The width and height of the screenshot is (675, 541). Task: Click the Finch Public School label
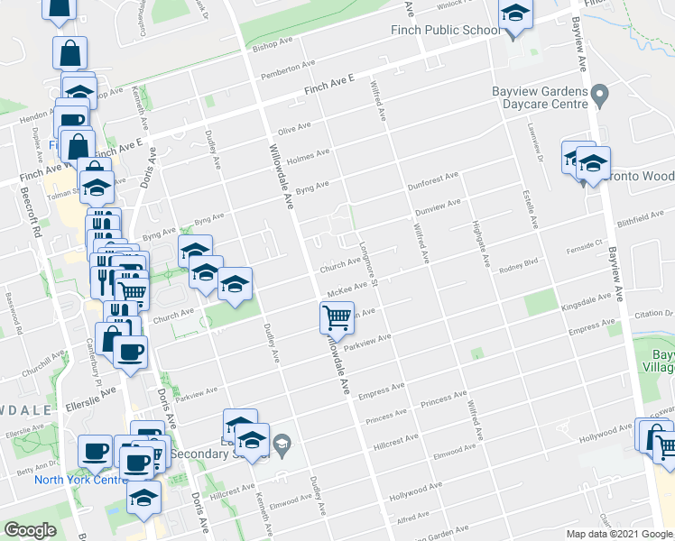click(445, 31)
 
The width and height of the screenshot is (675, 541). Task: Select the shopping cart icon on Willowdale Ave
click(337, 317)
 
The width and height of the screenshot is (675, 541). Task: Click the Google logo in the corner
click(29, 529)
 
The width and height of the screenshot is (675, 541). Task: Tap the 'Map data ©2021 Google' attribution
click(618, 534)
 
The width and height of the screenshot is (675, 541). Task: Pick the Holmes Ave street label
click(302, 158)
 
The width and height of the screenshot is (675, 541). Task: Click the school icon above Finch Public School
click(515, 15)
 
